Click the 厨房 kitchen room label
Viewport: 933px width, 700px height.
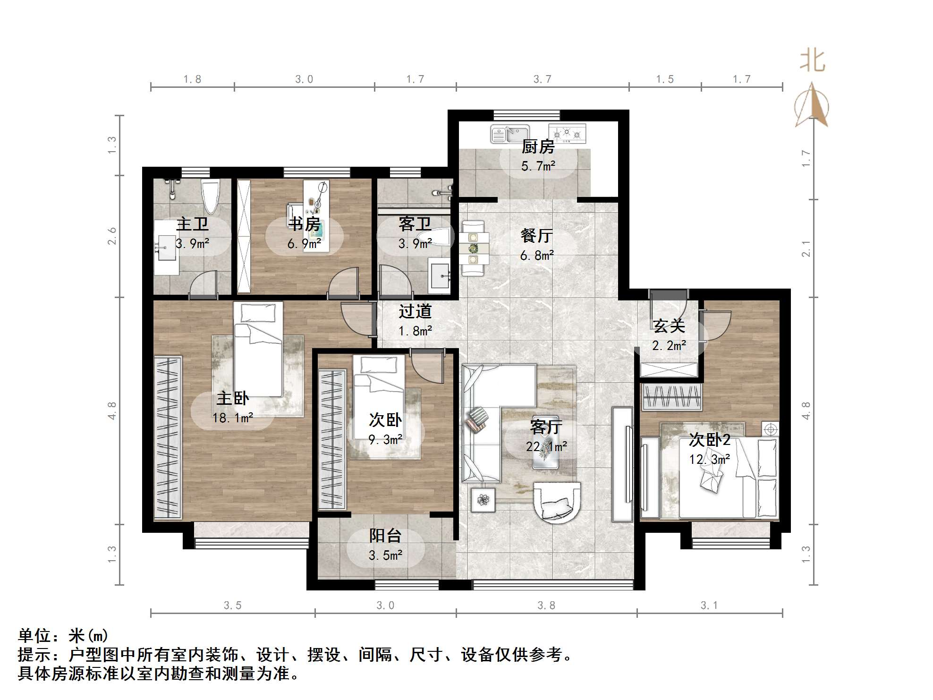coord(538,147)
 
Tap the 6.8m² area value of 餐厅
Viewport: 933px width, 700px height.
coord(537,256)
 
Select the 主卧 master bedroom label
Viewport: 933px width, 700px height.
coord(232,398)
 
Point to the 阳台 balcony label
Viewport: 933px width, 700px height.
coord(385,536)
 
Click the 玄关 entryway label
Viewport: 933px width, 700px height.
coord(669,326)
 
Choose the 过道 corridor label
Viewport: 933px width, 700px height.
coord(415,311)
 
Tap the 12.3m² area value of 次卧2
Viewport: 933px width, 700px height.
coord(710,459)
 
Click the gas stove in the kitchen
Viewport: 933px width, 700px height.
coord(567,134)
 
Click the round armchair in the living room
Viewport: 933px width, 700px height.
coord(557,502)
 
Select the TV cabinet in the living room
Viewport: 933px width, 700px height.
coord(622,464)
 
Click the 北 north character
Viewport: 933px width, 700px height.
coord(812,61)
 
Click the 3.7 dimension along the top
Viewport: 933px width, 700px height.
coord(543,79)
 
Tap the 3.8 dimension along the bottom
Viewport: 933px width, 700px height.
coord(546,605)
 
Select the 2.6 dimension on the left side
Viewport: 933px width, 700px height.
coord(112,236)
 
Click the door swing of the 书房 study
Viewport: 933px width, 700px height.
coord(344,283)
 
